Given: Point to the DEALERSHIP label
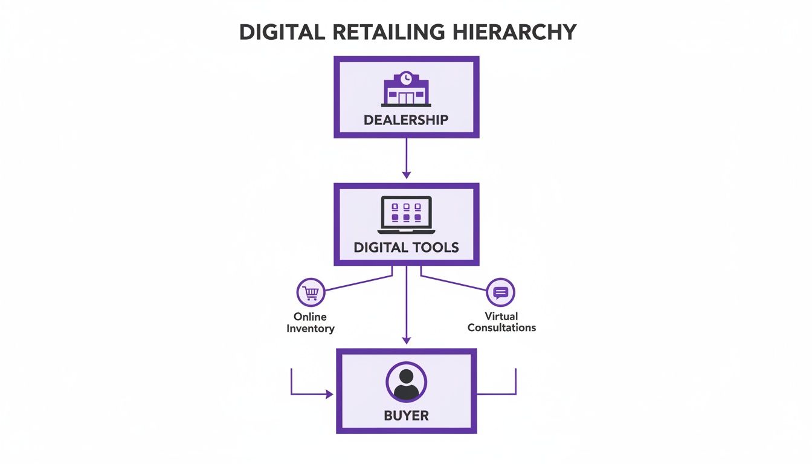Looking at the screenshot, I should pos(406,120).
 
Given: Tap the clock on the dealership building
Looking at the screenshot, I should pos(407,78).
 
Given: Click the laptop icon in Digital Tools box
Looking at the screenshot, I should pos(406,215).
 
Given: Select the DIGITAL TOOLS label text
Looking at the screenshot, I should pos(406,247).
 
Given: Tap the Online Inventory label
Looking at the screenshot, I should pos(311,323).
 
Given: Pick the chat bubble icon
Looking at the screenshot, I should pos(501,293).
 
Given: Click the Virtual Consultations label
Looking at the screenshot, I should pos(501,322).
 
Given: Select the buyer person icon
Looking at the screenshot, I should pos(406,382).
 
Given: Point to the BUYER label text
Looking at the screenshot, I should pos(406,416).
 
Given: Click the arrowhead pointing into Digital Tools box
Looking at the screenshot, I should pos(406,175).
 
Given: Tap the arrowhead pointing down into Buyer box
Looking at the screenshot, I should pos(406,340).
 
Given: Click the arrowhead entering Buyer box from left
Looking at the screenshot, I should pos(329,395).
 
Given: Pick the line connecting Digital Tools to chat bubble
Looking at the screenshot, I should pos(453,282).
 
